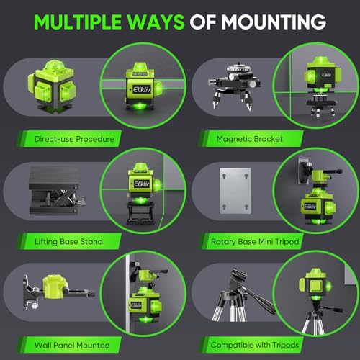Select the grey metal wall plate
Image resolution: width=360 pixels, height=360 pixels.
tap(234, 197)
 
